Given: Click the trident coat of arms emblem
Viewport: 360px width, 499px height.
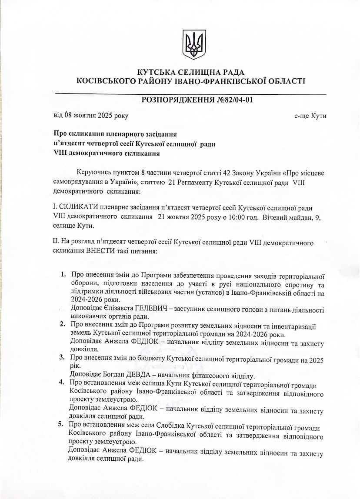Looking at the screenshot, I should (191, 44).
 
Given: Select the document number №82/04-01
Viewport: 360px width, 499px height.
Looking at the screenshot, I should (235, 100).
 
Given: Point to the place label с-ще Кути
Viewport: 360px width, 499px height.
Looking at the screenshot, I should (310, 116).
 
